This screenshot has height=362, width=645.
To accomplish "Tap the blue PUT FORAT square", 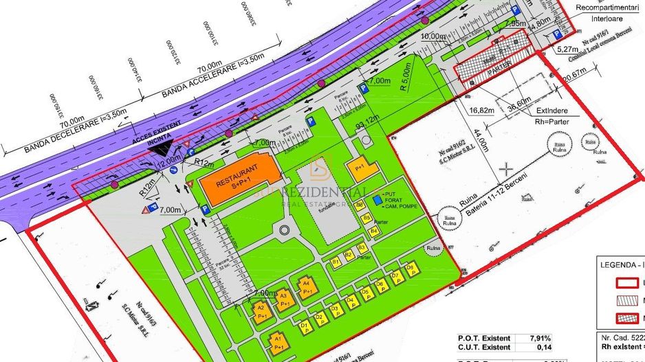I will click(376, 200).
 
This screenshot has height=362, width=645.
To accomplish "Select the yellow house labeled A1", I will click(277, 341).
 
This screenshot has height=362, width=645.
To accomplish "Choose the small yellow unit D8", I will click(410, 268).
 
